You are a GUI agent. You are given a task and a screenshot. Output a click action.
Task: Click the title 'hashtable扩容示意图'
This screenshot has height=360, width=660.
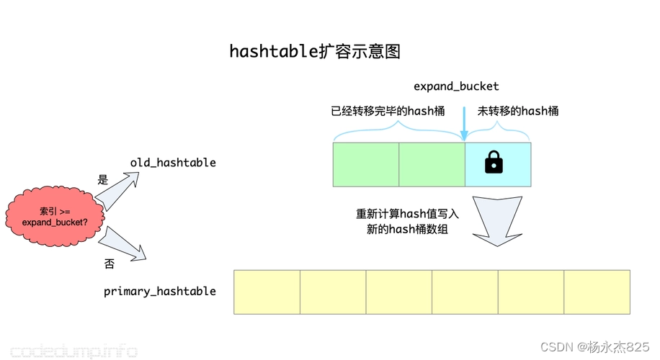coord(314,52)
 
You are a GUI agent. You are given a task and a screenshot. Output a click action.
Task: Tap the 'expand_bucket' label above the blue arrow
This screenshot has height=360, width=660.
coord(456,86)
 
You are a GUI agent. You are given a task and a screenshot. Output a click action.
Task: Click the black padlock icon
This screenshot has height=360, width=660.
coord(494,162)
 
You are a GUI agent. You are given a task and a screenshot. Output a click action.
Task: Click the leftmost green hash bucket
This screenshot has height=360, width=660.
coord(366,164)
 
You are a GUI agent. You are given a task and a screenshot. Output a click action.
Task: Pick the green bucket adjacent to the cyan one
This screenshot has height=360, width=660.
coord(432,164)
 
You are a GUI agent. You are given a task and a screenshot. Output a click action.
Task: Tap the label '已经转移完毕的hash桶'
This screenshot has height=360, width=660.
coord(388,111)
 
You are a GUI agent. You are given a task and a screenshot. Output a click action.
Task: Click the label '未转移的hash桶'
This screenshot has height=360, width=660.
coord(518,111)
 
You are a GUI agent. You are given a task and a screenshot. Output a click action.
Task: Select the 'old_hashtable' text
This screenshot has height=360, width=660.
coord(173,163)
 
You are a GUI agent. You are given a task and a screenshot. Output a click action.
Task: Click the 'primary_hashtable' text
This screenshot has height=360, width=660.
coord(160,291)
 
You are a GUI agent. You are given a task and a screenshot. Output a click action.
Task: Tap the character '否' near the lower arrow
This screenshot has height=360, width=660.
coord(110,264)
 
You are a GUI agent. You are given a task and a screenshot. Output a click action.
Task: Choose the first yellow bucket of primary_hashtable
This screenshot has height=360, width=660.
coord(267,292)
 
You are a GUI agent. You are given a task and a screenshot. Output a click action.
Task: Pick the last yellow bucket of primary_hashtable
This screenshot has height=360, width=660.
coord(597,292)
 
